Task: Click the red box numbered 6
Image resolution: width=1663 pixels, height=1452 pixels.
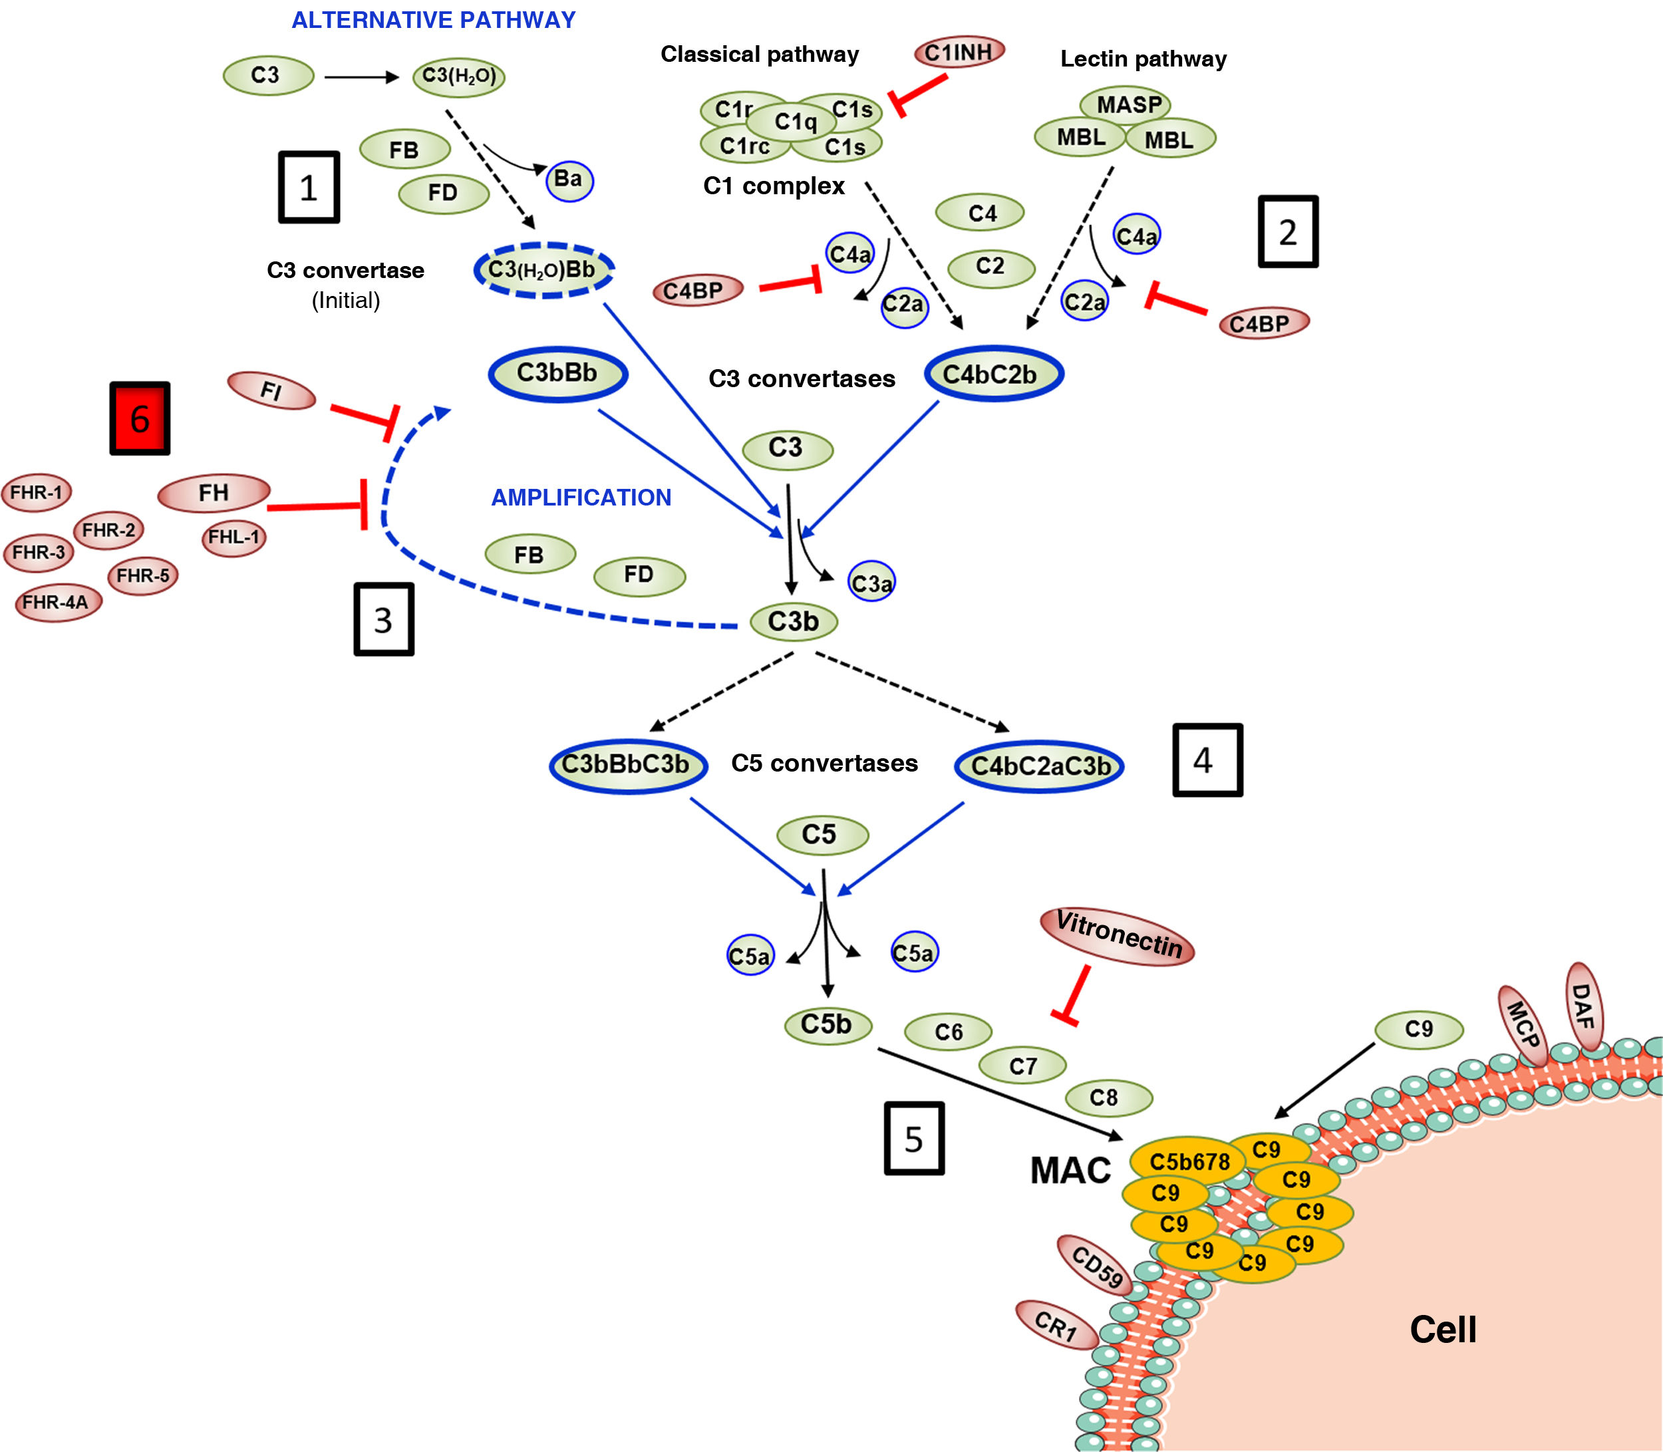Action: click(140, 418)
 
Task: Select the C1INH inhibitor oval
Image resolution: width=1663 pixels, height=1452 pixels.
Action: click(959, 53)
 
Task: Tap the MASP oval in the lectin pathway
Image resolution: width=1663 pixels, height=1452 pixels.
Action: click(1126, 104)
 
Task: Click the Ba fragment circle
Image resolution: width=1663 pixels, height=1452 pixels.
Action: click(569, 180)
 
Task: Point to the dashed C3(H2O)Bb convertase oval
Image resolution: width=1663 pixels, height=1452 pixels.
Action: click(543, 270)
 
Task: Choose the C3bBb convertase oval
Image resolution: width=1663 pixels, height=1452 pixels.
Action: click(557, 374)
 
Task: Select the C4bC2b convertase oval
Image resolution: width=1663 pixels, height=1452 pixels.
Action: click(992, 374)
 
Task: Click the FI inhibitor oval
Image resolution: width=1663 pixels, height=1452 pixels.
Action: click(272, 391)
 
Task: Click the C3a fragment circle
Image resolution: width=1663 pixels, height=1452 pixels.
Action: click(871, 583)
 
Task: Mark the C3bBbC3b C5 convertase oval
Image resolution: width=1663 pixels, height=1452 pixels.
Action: click(627, 765)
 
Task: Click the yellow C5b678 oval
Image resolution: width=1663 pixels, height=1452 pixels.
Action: click(1188, 1162)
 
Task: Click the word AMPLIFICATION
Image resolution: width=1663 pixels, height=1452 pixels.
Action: click(581, 498)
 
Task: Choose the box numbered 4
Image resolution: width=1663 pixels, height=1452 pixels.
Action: click(1207, 760)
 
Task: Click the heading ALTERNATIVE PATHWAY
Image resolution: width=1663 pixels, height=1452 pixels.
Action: click(434, 20)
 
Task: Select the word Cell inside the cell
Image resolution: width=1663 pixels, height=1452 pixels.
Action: click(1443, 1330)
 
